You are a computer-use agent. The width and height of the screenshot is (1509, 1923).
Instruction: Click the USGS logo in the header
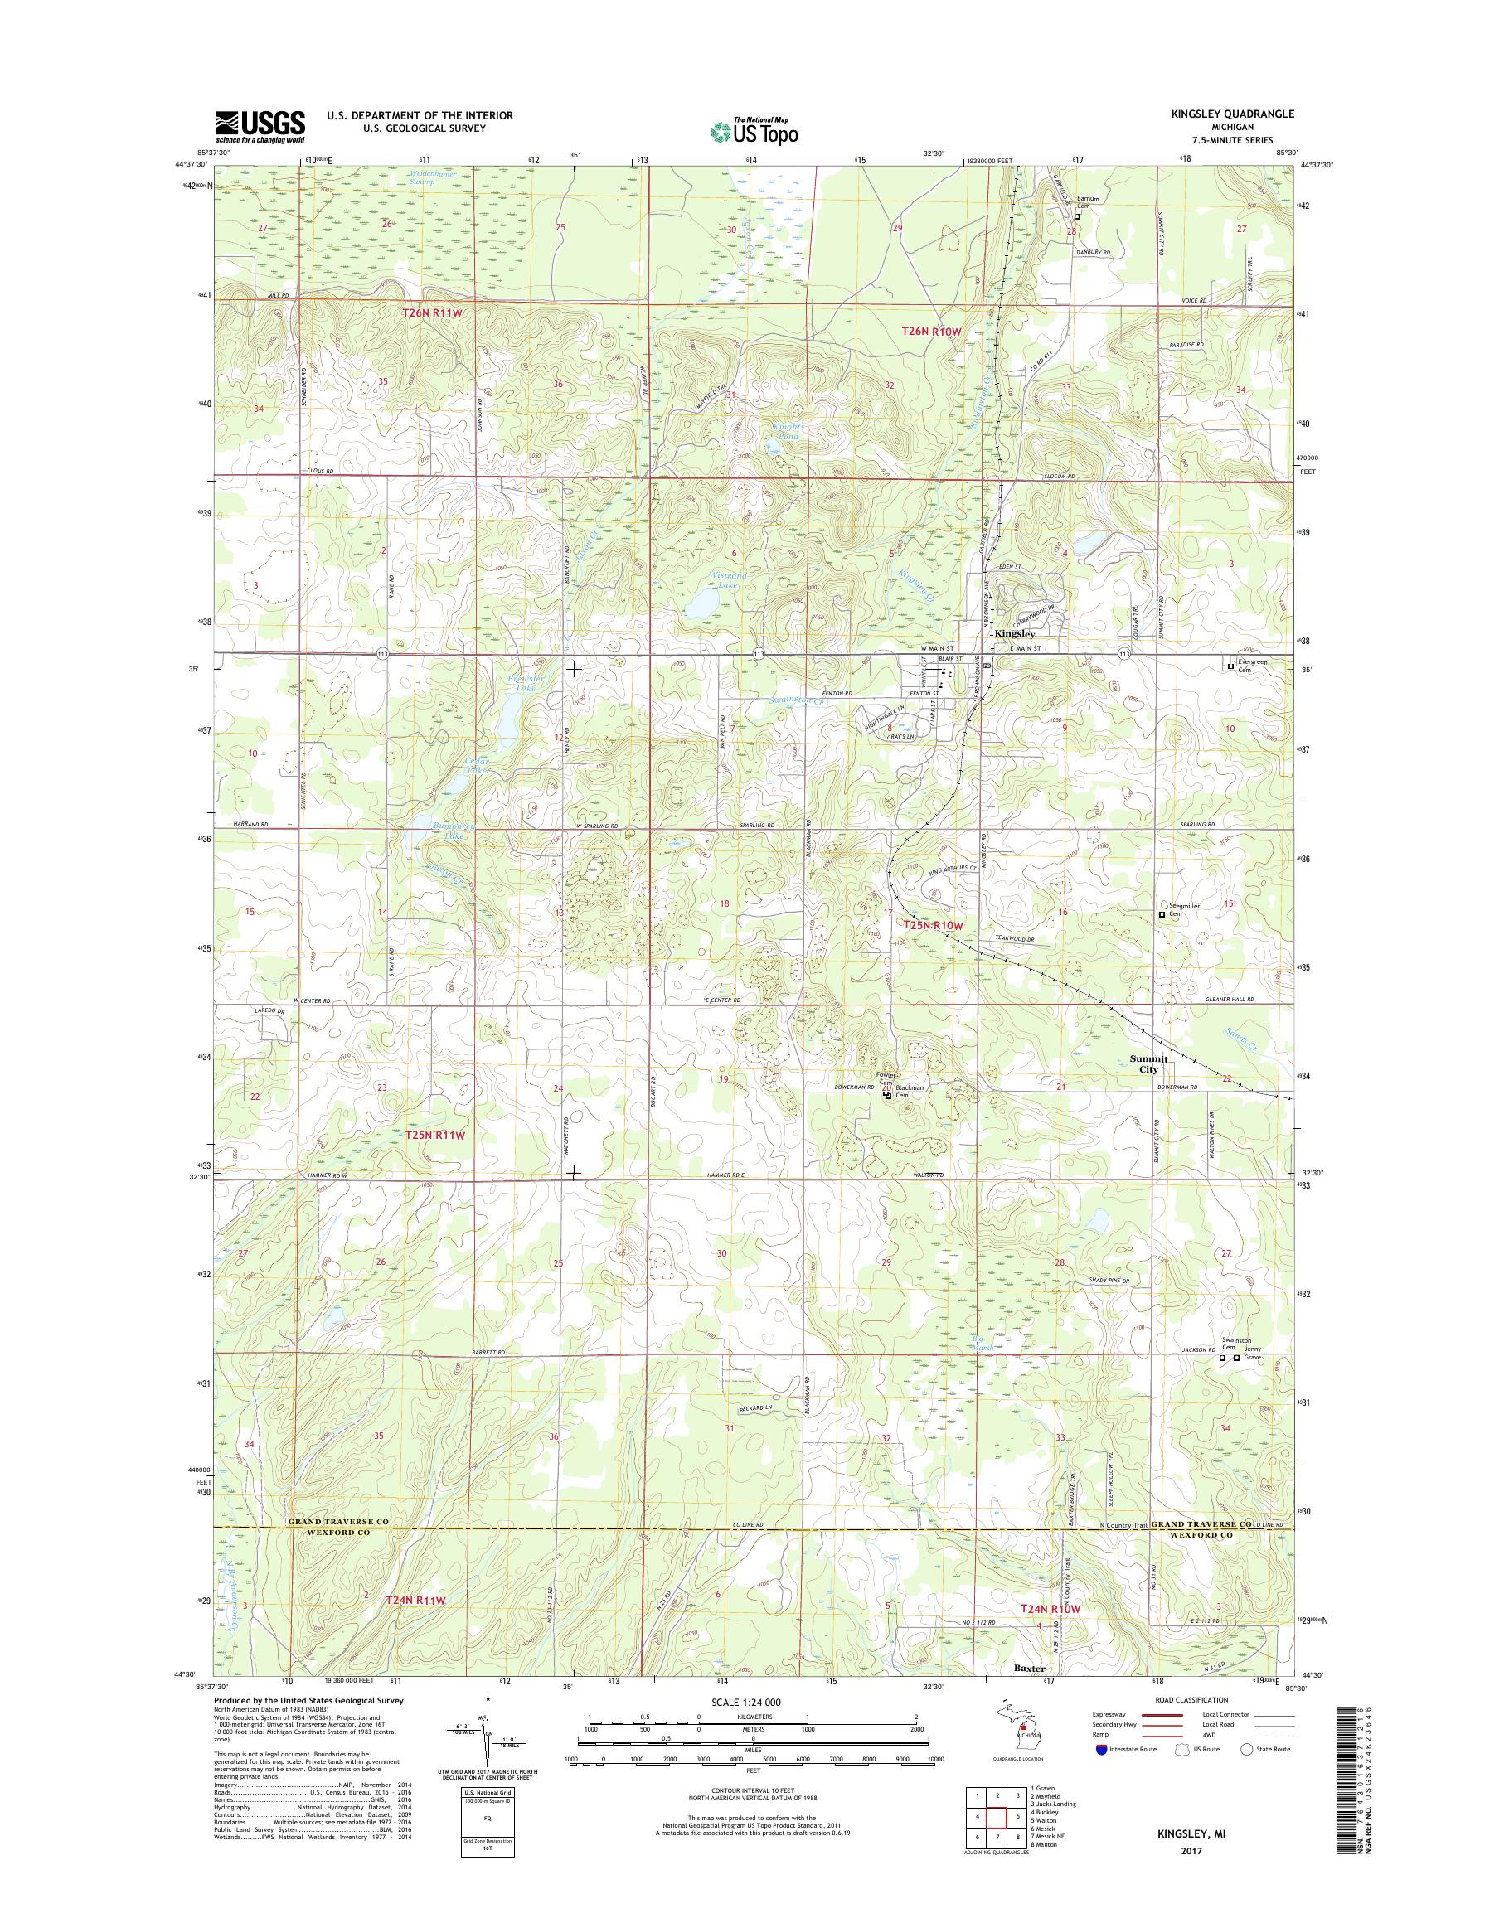tap(260, 127)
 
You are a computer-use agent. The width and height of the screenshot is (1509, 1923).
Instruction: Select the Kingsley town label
tap(1014, 634)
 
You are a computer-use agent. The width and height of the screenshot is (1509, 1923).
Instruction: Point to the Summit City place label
tap(1148, 1063)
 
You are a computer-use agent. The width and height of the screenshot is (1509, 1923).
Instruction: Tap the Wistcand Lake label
tap(729, 579)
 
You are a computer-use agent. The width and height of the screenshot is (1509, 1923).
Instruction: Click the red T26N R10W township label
tap(930, 331)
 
